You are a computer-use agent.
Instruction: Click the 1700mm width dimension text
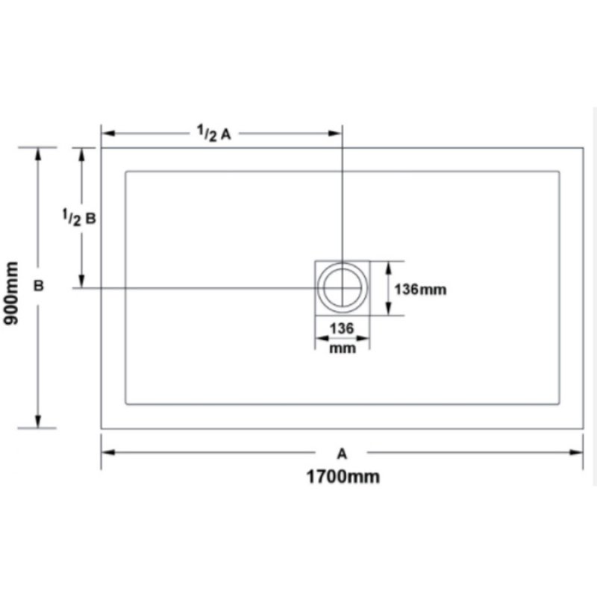343,477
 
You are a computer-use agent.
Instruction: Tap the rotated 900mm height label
11,293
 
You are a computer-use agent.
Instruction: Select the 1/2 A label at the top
214,134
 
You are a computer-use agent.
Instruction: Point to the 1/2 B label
79,217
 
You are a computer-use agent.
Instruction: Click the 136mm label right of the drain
420,290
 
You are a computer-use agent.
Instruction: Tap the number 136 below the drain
342,328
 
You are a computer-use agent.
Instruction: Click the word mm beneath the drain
343,348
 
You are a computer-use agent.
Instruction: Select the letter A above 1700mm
342,454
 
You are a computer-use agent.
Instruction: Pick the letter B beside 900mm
39,286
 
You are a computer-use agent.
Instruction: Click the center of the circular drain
343,288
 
